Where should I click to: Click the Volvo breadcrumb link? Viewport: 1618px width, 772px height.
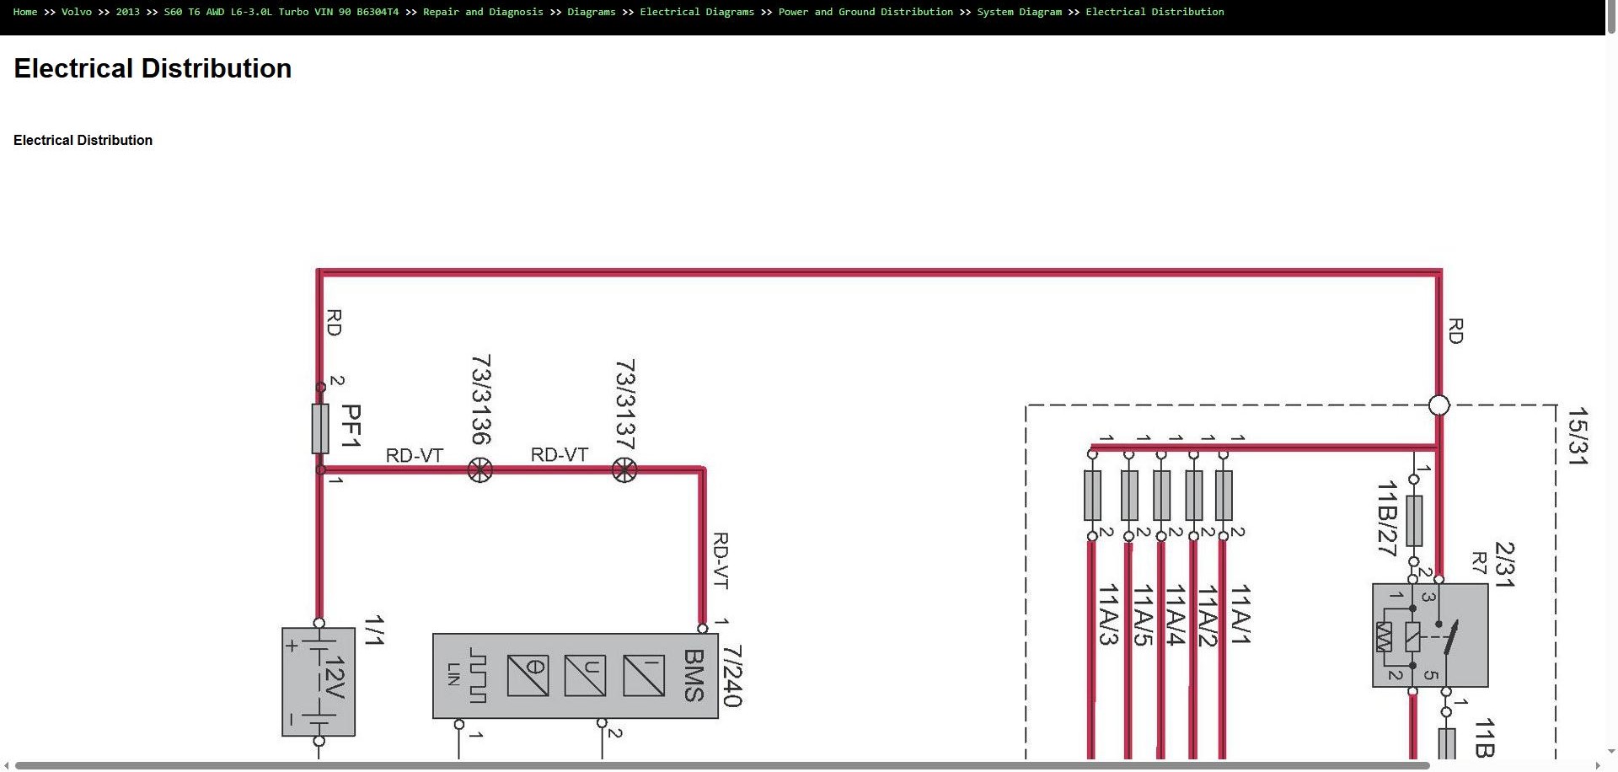coord(76,12)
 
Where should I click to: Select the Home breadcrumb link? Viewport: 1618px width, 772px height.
coord(25,12)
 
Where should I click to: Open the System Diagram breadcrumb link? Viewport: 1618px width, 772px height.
coord(1019,12)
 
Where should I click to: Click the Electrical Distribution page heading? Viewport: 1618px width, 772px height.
coord(153,68)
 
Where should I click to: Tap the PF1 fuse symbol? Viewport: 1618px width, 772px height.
coord(320,428)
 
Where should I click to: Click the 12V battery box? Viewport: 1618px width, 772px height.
coord(319,682)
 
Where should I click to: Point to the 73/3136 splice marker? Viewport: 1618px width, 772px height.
coord(480,470)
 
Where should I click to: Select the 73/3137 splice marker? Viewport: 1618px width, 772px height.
coord(624,470)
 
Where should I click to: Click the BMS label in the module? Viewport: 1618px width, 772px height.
coord(694,675)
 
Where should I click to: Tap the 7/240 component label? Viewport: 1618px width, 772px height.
coord(731,676)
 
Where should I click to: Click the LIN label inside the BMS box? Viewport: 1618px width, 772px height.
coord(454,674)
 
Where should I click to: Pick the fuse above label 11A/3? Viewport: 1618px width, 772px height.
coord(1092,495)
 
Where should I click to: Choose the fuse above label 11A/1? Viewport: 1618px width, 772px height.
coord(1224,495)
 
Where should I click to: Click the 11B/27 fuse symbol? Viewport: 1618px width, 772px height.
coord(1414,520)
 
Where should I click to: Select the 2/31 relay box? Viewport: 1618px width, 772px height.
coord(1430,635)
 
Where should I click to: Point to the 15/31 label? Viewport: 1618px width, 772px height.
coord(1577,436)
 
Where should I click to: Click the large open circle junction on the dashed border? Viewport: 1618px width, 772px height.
coord(1439,405)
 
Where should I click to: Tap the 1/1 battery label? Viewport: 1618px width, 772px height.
coord(373,630)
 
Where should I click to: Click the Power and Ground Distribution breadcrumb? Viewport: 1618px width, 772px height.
coord(865,12)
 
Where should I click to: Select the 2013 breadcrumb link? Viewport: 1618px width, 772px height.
coord(127,12)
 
